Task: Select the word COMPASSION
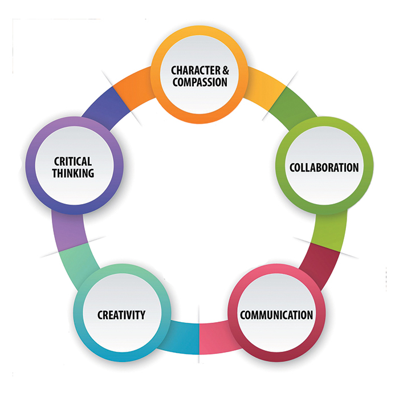coord(199,82)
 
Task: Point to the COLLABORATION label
coord(324,168)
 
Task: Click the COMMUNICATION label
coord(276,315)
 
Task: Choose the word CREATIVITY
coord(121,315)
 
